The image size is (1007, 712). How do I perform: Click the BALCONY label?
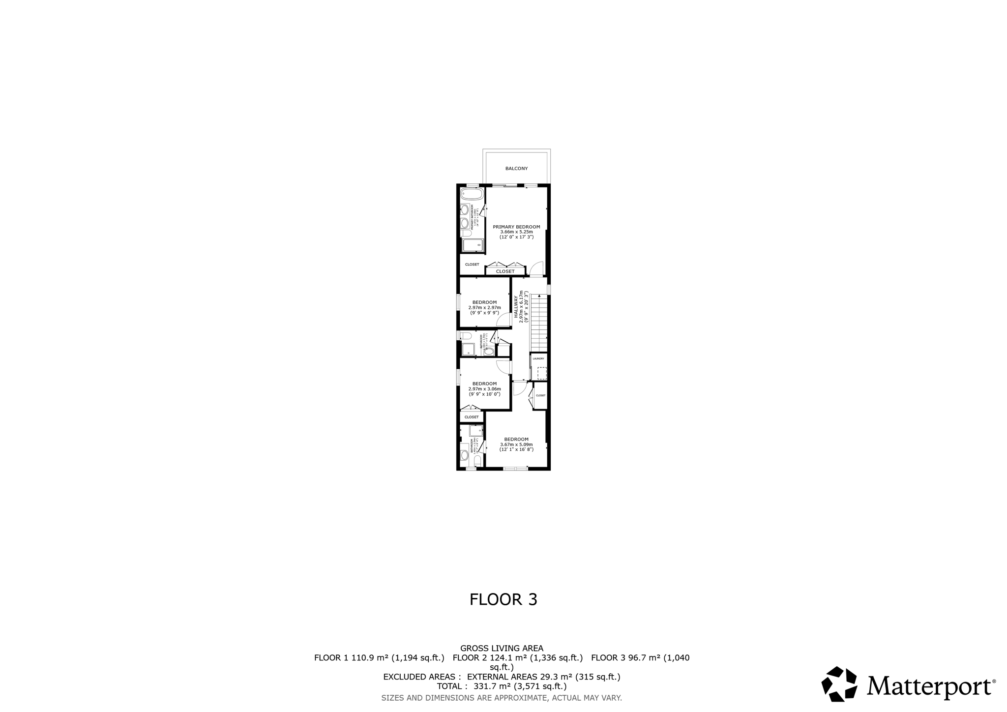click(516, 169)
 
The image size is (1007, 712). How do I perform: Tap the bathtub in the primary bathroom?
click(472, 194)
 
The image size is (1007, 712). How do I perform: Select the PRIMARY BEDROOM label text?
click(516, 227)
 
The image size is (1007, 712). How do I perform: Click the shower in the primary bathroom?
click(473, 245)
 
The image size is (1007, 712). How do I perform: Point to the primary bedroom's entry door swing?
click(537, 268)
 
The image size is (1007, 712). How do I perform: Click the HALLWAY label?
click(516, 307)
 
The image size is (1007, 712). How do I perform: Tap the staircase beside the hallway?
click(539, 323)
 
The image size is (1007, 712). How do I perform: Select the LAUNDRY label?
click(538, 358)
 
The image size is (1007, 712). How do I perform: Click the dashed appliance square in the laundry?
click(542, 373)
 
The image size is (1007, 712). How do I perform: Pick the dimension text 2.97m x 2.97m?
click(484, 307)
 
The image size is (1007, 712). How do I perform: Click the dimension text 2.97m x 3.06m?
click(484, 388)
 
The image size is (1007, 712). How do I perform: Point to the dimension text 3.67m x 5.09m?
click(516, 445)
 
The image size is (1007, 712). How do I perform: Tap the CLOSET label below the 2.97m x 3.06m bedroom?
click(471, 417)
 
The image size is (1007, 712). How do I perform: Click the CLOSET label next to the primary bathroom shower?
click(472, 265)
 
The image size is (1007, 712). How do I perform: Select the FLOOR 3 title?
click(503, 599)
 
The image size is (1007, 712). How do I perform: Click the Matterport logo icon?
click(839, 684)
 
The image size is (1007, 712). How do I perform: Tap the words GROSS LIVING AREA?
click(502, 649)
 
